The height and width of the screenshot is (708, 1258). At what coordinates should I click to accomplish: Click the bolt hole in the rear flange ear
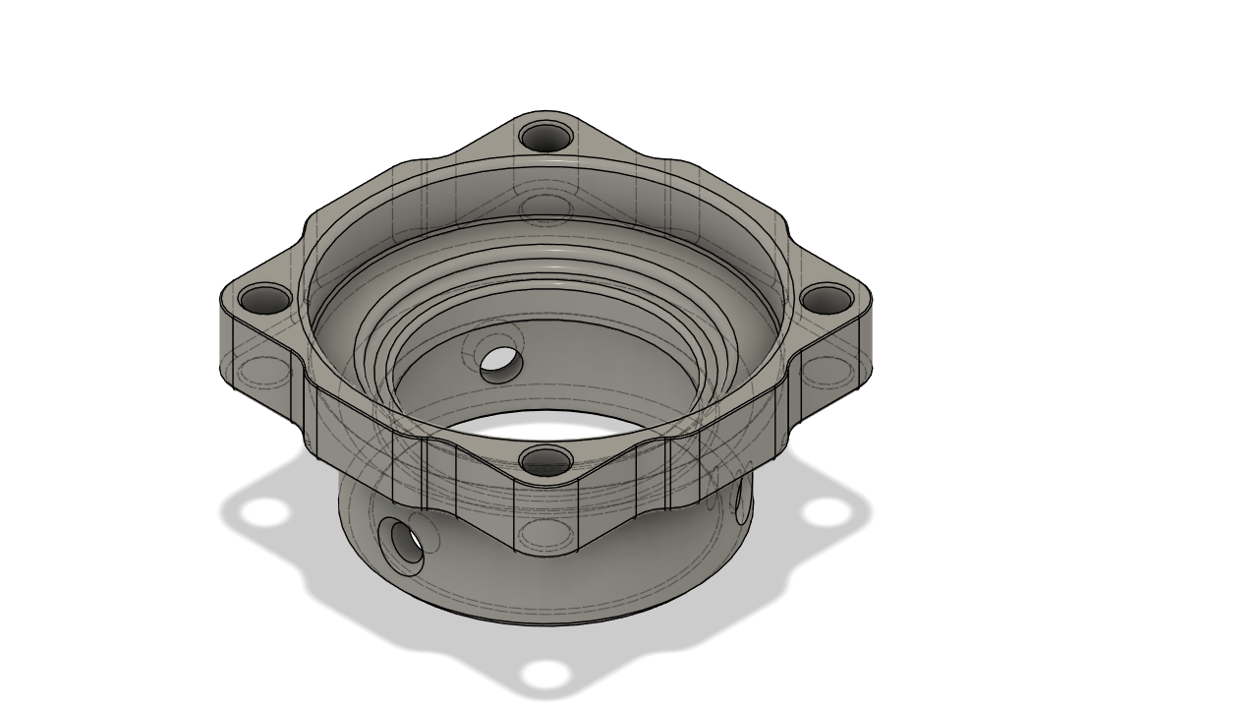pos(545,136)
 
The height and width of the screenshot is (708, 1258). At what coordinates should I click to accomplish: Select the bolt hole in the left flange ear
pos(265,299)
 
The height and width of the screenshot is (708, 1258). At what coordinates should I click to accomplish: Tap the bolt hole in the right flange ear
pos(828,298)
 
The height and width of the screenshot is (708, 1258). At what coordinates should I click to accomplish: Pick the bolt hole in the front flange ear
pos(545,460)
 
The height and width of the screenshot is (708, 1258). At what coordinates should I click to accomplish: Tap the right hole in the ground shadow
pos(826,512)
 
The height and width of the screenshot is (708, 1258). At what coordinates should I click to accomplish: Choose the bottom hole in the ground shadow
pos(545,675)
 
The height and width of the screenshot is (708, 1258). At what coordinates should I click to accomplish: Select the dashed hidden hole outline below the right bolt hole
pos(828,372)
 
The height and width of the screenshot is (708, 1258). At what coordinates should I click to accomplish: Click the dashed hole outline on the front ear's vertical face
pos(546,534)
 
